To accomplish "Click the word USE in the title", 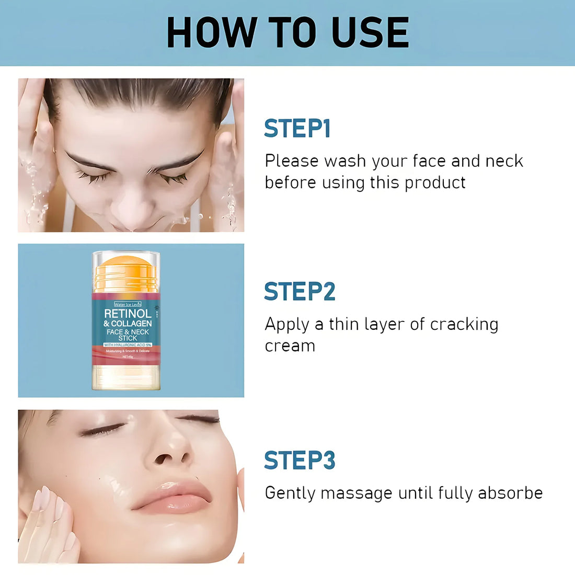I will click(370, 32).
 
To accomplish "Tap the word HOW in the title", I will click(211, 32).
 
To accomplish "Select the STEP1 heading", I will click(297, 129).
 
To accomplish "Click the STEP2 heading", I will click(300, 292).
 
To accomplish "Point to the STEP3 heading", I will click(300, 461).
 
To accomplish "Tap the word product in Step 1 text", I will click(435, 182).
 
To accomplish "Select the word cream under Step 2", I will click(290, 346).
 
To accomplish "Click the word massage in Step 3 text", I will click(356, 493).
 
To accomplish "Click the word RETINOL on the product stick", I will click(128, 314).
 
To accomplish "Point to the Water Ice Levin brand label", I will click(128, 304).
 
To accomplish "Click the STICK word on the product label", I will click(128, 338).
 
